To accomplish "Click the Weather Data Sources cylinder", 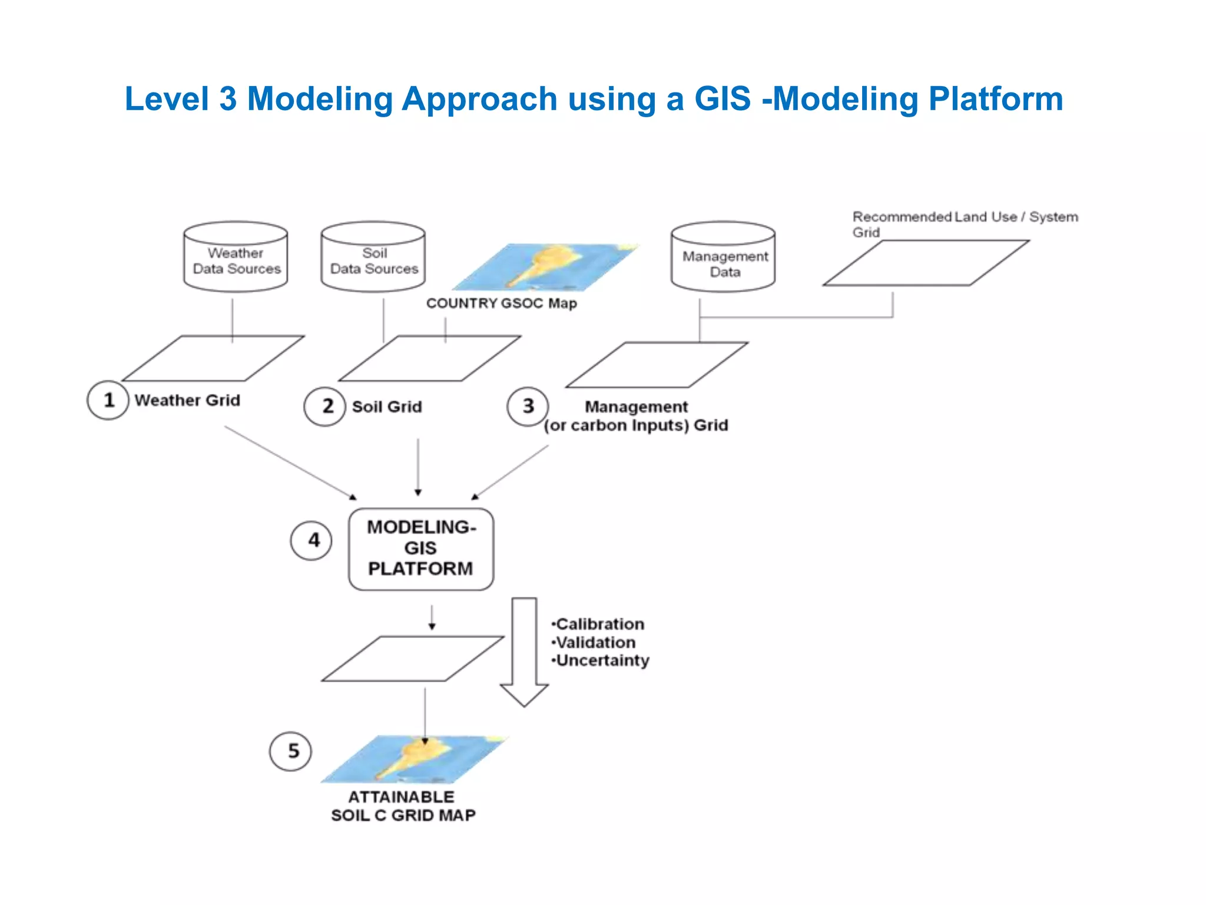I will (236, 257).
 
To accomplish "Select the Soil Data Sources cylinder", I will (373, 257).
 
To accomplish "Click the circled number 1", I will (108, 400).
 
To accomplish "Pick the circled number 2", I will (324, 406).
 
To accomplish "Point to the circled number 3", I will (528, 406).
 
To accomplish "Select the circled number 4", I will (311, 540).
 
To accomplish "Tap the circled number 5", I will (290, 751).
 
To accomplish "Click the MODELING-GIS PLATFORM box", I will (421, 549).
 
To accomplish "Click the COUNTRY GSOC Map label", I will (501, 303).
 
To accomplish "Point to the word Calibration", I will (600, 624).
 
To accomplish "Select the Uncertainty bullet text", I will (602, 660).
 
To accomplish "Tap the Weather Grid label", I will (187, 400).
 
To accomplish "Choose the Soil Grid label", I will (387, 407).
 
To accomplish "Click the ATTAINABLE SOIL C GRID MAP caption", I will (403, 806).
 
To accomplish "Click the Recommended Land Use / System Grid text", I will (964, 224).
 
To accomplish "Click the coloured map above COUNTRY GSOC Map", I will (545, 266).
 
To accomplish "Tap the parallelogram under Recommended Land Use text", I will (926, 263).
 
